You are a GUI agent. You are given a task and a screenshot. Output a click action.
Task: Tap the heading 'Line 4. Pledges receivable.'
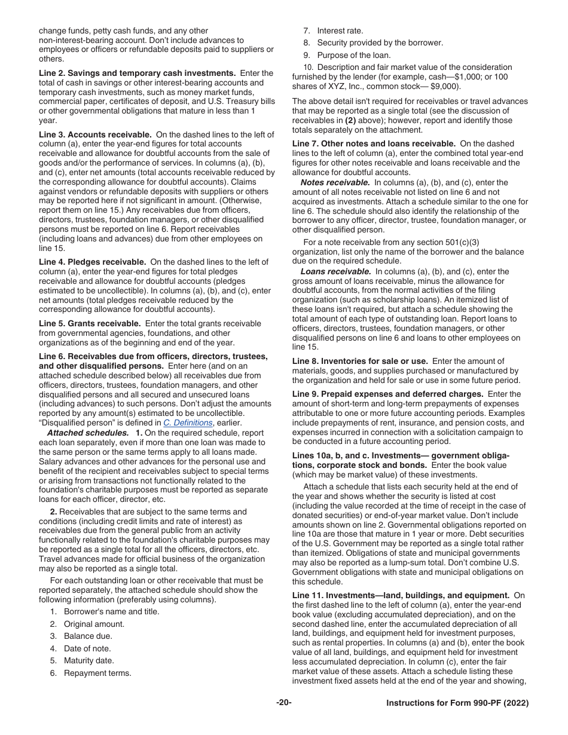coord(93,262)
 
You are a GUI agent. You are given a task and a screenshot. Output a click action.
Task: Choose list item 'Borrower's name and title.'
coord(112,612)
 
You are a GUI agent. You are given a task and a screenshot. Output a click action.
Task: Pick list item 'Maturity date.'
coord(90,661)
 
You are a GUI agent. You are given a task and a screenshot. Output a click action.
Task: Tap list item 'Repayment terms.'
coord(97,673)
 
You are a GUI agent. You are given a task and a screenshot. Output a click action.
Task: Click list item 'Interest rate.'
coord(340,30)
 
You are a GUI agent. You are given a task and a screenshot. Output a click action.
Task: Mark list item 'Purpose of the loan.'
coord(353,55)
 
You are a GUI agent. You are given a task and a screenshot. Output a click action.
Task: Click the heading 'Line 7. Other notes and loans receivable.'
coord(374,144)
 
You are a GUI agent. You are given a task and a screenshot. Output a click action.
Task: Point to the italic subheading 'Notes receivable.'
coord(335,182)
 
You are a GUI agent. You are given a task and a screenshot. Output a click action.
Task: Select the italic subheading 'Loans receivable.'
coord(335,271)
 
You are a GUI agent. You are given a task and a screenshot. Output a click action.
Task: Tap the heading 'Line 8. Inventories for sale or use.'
coord(361,361)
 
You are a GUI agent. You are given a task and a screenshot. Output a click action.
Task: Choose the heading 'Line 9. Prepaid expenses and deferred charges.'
coord(388,394)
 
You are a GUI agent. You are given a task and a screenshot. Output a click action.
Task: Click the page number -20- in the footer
coord(284,703)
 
